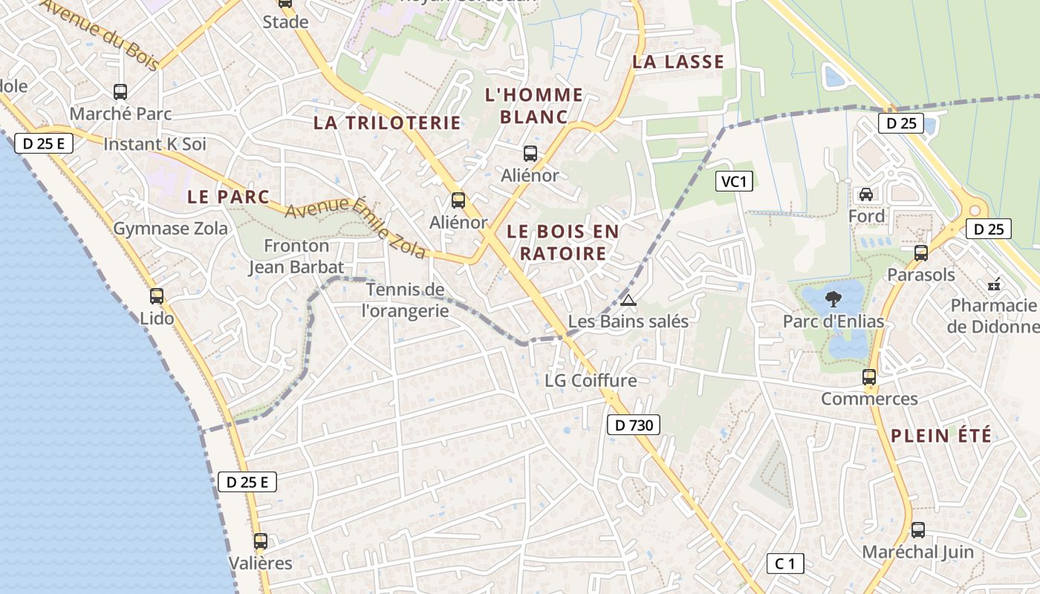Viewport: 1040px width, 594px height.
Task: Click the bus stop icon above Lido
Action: click(157, 296)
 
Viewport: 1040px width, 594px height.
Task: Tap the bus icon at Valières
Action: click(260, 541)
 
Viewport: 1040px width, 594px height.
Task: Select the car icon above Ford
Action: click(865, 195)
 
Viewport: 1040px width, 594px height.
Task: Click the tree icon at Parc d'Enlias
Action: click(833, 299)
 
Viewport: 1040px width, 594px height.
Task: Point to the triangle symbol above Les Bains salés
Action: click(628, 301)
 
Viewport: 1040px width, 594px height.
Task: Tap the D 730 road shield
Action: click(634, 425)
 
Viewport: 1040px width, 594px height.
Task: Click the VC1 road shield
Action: click(735, 181)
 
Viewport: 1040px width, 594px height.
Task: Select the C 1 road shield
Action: click(785, 564)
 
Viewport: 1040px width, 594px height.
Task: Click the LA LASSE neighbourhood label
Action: click(678, 62)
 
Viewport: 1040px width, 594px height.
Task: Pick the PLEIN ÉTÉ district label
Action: click(941, 436)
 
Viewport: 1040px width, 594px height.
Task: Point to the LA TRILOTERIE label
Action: click(388, 123)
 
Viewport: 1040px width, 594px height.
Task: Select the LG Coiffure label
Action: click(591, 381)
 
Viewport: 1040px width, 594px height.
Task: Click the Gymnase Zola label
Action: click(170, 229)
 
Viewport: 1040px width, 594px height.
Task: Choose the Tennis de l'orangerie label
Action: click(406, 300)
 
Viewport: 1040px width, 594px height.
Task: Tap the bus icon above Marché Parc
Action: click(120, 92)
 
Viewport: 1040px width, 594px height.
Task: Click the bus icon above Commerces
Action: click(869, 377)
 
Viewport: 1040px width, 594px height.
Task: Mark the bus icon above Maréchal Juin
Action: click(918, 530)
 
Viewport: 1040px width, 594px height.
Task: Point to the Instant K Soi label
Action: click(155, 144)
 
